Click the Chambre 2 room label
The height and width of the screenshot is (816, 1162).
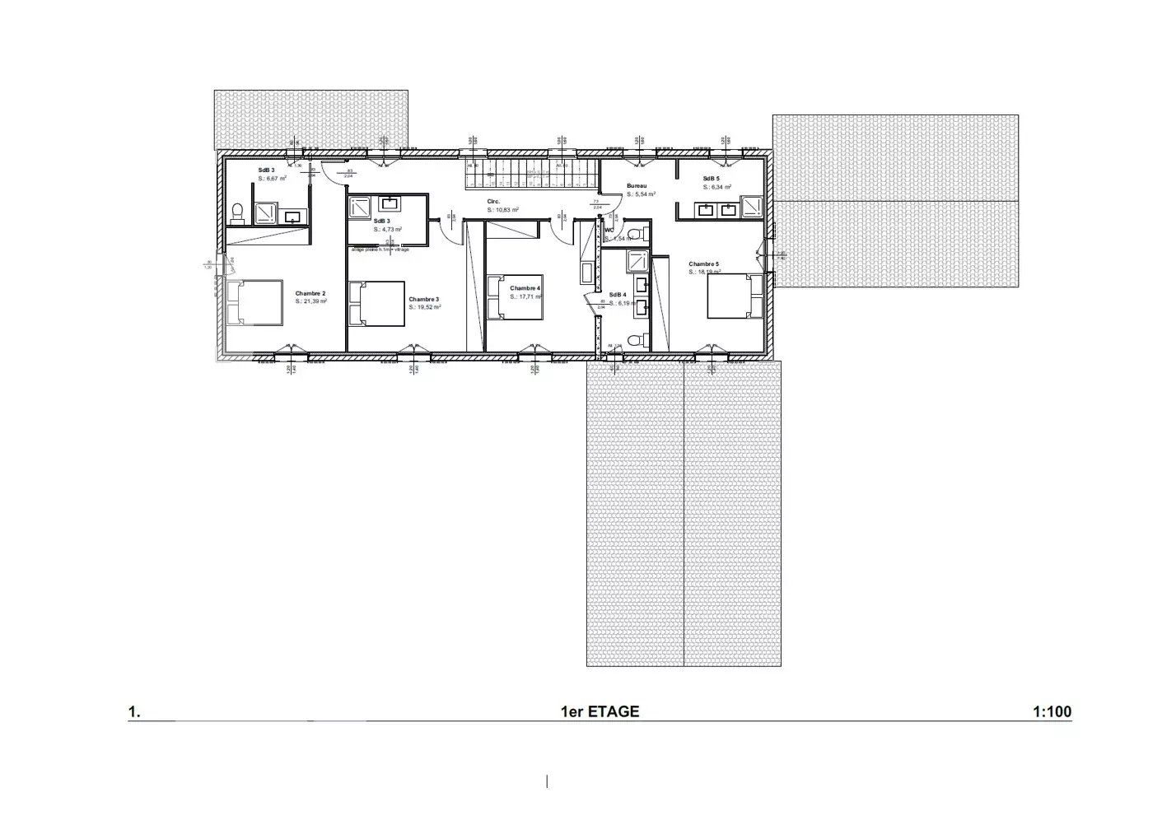pos(310,293)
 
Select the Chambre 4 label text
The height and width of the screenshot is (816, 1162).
pos(525,288)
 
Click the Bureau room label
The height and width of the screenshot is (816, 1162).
pos(637,186)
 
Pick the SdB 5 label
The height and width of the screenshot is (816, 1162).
pos(711,179)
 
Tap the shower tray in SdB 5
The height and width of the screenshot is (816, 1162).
pos(752,207)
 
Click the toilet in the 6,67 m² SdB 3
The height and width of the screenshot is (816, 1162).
pos(237,213)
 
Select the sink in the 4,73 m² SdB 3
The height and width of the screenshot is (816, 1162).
pos(388,203)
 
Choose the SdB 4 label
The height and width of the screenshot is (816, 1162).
pos(618,295)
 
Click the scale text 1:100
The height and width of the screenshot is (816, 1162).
pos(1052,711)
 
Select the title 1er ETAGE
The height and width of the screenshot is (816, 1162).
pos(600,711)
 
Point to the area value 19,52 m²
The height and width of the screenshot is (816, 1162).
pos(425,307)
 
